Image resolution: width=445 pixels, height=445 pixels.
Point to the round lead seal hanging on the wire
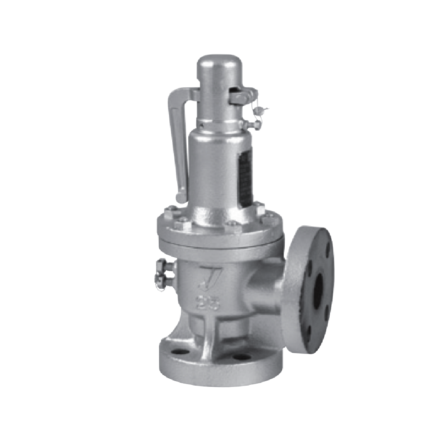259,110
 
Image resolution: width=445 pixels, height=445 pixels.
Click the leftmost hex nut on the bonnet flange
171,213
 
